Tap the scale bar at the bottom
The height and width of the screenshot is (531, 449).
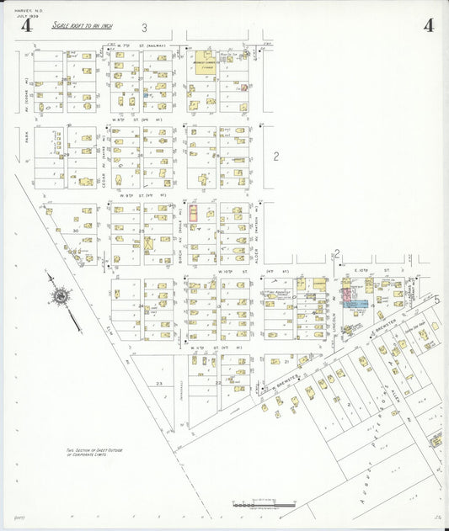click(264, 504)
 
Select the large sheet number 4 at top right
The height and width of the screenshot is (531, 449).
click(429, 25)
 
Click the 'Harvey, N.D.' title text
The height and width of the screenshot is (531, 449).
click(16, 10)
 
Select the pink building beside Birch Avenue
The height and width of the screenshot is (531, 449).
click(193, 214)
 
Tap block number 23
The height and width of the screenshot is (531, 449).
click(158, 383)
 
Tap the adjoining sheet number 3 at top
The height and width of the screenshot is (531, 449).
click(144, 28)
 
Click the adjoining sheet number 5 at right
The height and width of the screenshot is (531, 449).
click(438, 299)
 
